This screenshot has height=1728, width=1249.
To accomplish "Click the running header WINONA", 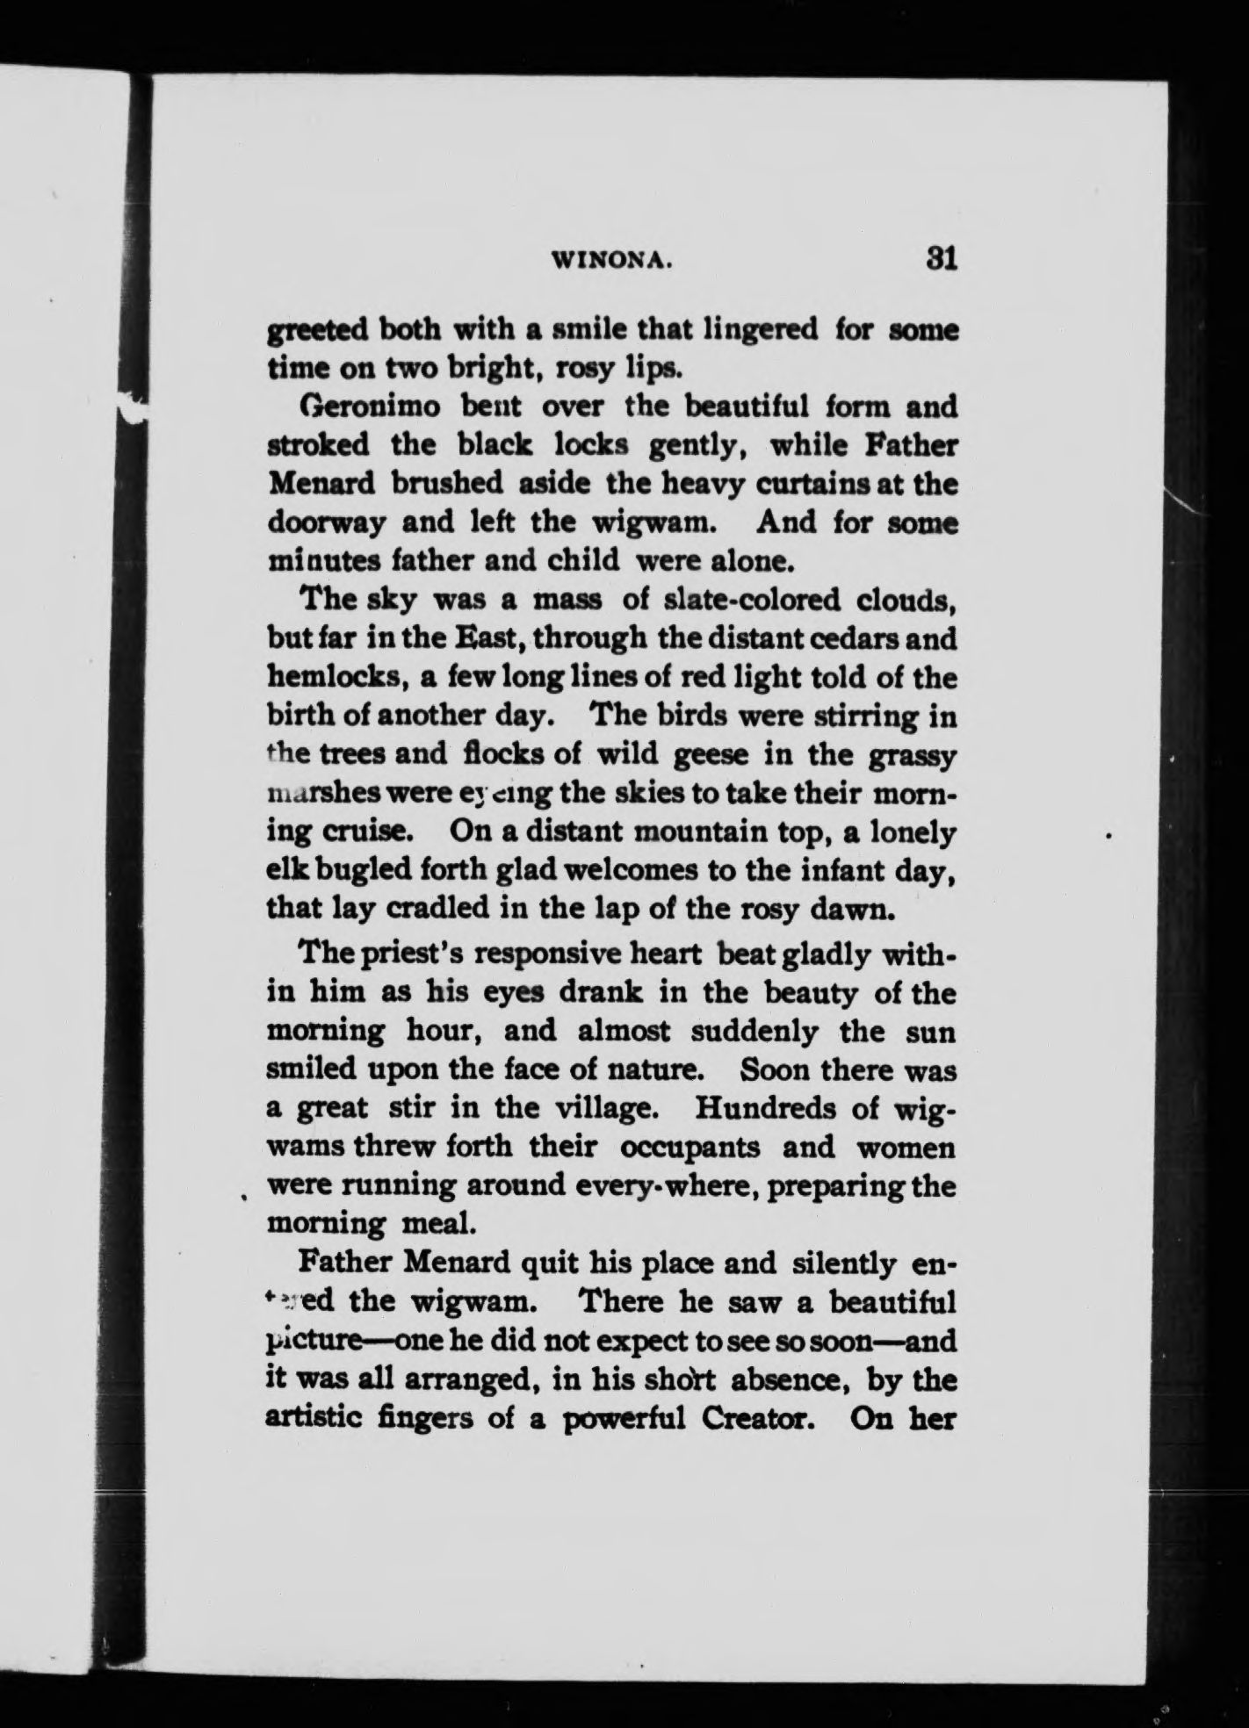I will tap(611, 260).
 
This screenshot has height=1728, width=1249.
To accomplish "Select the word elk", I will tap(284, 870).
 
